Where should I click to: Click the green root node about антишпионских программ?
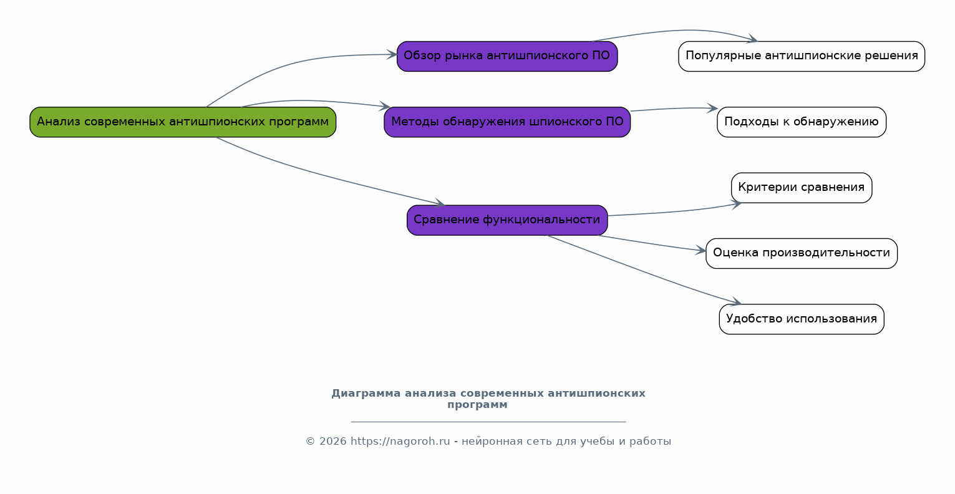click(x=183, y=122)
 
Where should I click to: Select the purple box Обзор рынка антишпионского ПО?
click(x=507, y=56)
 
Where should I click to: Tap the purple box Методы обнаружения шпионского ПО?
click(x=507, y=122)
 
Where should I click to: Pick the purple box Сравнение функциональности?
click(x=507, y=220)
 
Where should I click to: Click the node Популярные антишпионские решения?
click(x=802, y=56)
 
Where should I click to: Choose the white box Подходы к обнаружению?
click(x=802, y=122)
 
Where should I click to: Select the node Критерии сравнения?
click(x=802, y=188)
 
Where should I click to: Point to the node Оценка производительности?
click(x=802, y=253)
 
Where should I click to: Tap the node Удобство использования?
click(x=802, y=319)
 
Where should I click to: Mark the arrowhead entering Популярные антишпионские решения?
click(x=753, y=40)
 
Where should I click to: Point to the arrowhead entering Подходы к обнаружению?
click(x=713, y=109)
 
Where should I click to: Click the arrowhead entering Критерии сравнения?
click(x=737, y=203)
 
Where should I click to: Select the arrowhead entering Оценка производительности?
click(x=701, y=251)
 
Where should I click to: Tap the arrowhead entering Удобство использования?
click(x=736, y=303)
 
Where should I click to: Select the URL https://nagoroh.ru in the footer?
click(x=400, y=442)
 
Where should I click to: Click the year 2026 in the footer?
click(x=333, y=442)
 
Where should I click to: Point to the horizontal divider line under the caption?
click(x=488, y=422)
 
